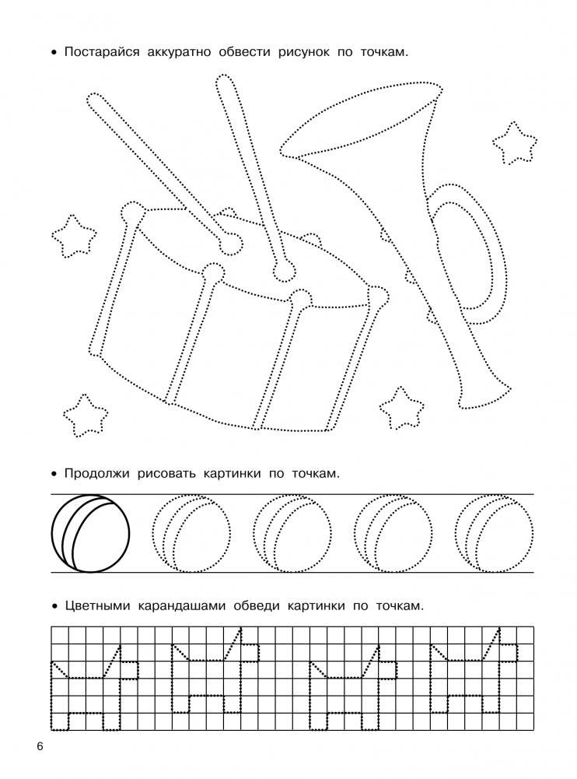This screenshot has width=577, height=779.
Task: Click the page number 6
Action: pyautogui.click(x=40, y=747)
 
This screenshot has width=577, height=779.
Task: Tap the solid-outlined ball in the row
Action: pyautogui.click(x=90, y=534)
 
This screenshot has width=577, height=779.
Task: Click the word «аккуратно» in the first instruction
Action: pyautogui.click(x=180, y=52)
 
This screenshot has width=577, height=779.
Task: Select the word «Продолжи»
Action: pyautogui.click(x=94, y=473)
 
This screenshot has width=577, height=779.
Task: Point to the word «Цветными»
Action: pyautogui.click(x=97, y=606)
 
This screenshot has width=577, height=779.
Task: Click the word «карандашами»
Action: pyautogui.click(x=181, y=606)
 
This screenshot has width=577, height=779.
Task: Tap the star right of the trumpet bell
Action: pyautogui.click(x=515, y=143)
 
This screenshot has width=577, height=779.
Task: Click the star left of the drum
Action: pyautogui.click(x=74, y=237)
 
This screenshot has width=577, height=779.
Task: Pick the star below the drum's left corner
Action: pyautogui.click(x=86, y=416)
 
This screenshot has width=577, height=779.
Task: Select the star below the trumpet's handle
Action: pyautogui.click(x=402, y=408)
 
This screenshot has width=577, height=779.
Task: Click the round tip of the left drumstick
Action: pyautogui.click(x=230, y=244)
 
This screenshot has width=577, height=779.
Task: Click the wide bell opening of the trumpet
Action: pyautogui.click(x=361, y=120)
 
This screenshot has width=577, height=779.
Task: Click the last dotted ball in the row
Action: pyautogui.click(x=494, y=534)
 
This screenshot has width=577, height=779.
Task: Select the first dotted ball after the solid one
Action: pyautogui.click(x=191, y=534)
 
